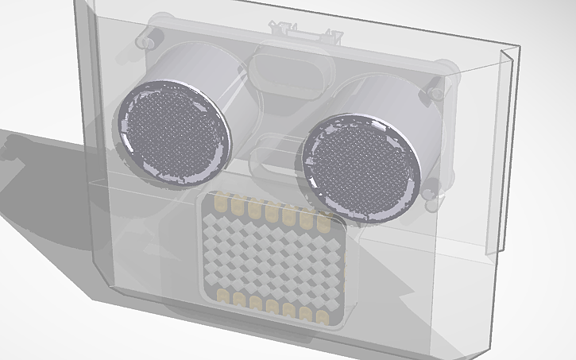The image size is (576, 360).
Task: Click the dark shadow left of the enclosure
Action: tap(40, 183)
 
